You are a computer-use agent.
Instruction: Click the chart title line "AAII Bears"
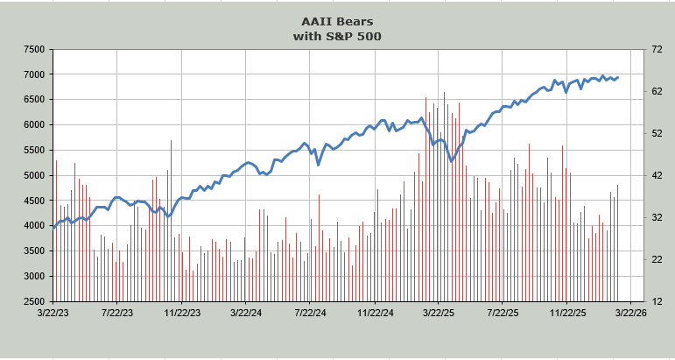coord(337,21)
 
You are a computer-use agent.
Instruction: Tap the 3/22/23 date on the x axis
coord(53,312)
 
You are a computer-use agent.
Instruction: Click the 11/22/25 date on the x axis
coord(566,312)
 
